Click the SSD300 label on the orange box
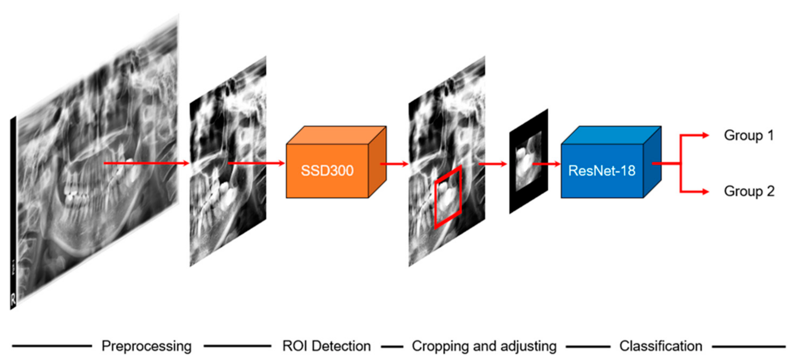(x=327, y=170)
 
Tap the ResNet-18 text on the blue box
(x=602, y=170)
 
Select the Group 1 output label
(x=749, y=135)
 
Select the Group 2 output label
(x=749, y=191)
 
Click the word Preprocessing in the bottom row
(x=146, y=346)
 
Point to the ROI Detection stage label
(x=326, y=346)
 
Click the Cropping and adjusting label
(x=484, y=346)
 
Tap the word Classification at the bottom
(x=661, y=346)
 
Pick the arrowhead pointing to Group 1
(x=705, y=135)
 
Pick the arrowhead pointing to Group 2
(x=705, y=192)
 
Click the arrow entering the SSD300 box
(x=256, y=163)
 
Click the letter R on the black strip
(x=13, y=299)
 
